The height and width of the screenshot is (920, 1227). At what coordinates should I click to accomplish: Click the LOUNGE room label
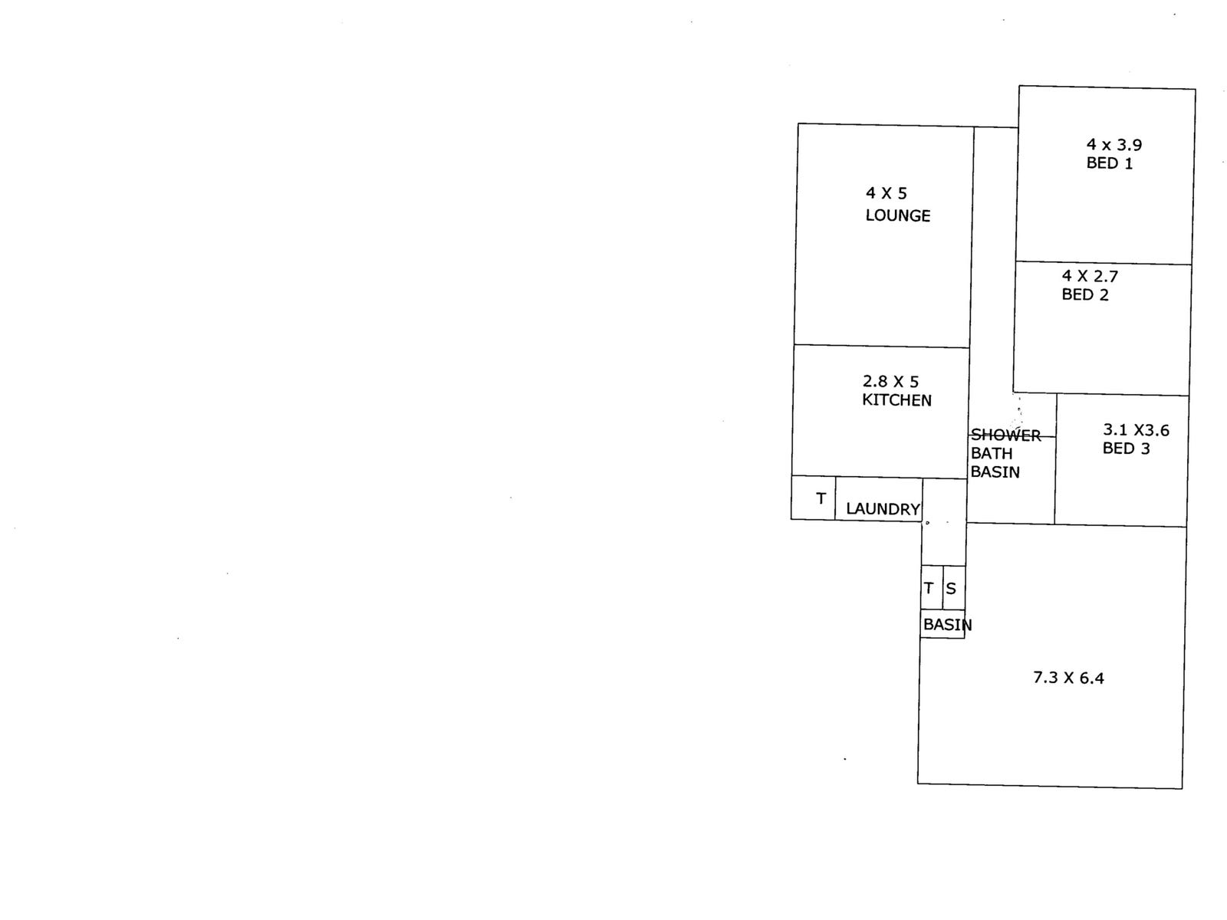[897, 215]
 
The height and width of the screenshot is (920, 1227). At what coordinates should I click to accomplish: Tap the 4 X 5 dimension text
[886, 193]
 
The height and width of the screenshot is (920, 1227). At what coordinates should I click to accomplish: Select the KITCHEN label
[896, 400]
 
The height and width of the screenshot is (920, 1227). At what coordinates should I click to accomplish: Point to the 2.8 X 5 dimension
[890, 381]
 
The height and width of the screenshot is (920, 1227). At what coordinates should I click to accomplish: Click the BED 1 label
[1109, 163]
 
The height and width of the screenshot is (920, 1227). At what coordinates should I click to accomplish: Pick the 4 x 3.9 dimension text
[1114, 144]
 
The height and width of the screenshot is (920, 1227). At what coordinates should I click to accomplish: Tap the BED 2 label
[1084, 295]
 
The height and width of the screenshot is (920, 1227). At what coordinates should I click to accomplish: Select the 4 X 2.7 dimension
[1090, 276]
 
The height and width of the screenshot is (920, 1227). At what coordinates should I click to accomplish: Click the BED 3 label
[1126, 449]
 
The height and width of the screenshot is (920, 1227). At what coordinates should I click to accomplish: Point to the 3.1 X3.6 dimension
[1136, 430]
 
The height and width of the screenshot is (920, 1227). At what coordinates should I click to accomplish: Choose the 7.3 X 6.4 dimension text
[1068, 678]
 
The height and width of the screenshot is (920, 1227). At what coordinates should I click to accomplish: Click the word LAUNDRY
[883, 509]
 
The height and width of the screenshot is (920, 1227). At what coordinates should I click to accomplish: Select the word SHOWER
[1005, 435]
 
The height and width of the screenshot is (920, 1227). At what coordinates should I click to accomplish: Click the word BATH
[992, 454]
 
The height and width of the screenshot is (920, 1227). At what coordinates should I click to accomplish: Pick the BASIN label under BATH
[995, 472]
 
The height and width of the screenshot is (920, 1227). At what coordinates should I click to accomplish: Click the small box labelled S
[952, 588]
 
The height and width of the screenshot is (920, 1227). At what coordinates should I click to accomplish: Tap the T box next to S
[930, 588]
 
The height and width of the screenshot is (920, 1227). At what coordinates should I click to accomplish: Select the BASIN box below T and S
[942, 624]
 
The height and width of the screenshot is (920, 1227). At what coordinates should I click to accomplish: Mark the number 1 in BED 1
[1128, 163]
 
